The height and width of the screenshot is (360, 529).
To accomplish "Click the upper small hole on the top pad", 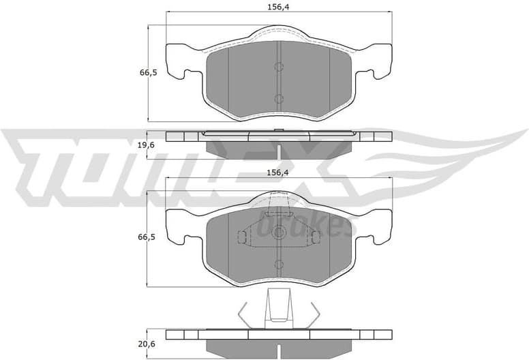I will pyautogui.click(x=278, y=67).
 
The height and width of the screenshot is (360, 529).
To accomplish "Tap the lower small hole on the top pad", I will pyautogui.click(x=278, y=99).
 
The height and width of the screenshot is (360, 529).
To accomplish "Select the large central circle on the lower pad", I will pyautogui.click(x=278, y=232).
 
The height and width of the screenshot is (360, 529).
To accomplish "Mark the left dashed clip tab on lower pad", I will pyautogui.click(x=242, y=237).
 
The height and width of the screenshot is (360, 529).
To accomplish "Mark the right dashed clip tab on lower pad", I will pyautogui.click(x=314, y=237).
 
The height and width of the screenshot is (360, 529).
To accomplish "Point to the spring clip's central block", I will pyautogui.click(x=279, y=306).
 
